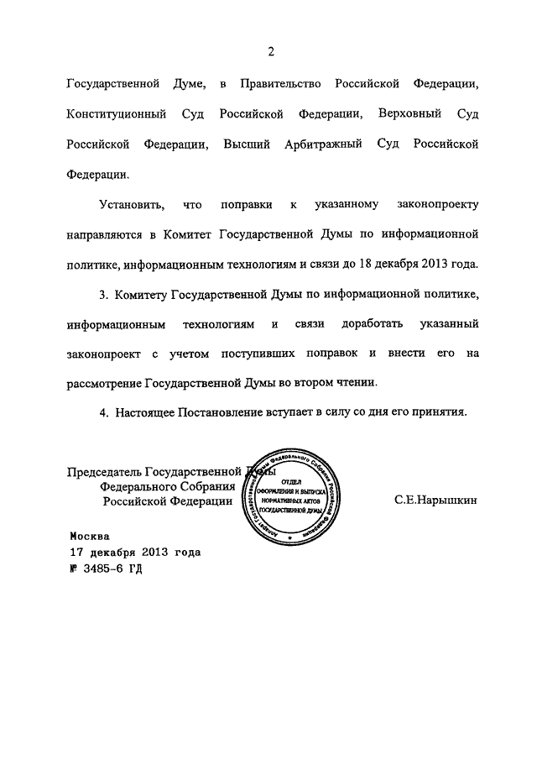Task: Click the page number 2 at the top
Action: (271, 52)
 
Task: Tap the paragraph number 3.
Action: (104, 294)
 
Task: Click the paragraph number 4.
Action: (104, 412)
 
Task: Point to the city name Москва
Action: (90, 535)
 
